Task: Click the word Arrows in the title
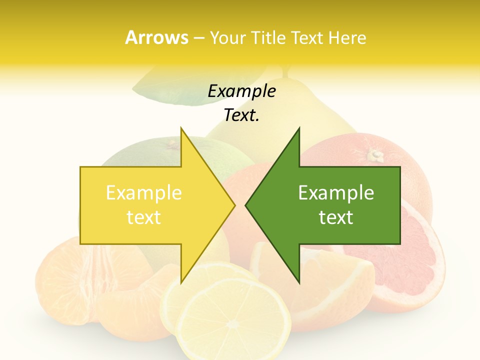pyautogui.click(x=156, y=37)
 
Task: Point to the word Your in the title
pyautogui.click(x=227, y=37)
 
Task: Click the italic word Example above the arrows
pyautogui.click(x=241, y=91)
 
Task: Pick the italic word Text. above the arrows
pyautogui.click(x=241, y=115)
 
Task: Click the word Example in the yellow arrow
pyautogui.click(x=143, y=193)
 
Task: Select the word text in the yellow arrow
pyautogui.click(x=143, y=217)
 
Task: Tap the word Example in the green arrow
pyautogui.click(x=336, y=193)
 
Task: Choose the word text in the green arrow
pyautogui.click(x=336, y=217)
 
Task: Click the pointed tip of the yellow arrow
pyautogui.click(x=234, y=205)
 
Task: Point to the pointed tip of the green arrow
pyautogui.click(x=246, y=205)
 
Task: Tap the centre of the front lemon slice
pyautogui.click(x=233, y=322)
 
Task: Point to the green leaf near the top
pyautogui.click(x=170, y=90)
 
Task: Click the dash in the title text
pyautogui.click(x=198, y=37)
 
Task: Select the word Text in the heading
pyautogui.click(x=308, y=37)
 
